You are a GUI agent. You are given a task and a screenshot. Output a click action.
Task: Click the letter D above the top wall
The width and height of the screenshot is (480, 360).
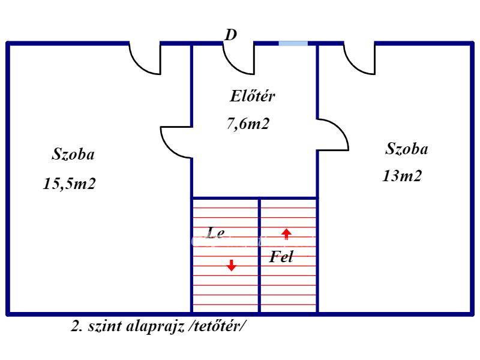(x=231, y=35)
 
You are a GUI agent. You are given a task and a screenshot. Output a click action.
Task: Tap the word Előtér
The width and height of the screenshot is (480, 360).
(x=252, y=96)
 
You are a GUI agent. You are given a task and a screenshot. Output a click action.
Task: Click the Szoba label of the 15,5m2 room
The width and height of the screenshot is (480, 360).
(x=73, y=154)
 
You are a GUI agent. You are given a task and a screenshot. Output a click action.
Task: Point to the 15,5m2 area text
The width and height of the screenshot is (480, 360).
(x=69, y=184)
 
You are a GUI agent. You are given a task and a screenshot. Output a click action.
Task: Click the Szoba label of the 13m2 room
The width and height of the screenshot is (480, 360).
(x=407, y=149)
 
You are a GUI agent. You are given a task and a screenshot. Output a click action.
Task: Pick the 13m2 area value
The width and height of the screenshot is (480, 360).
(x=403, y=176)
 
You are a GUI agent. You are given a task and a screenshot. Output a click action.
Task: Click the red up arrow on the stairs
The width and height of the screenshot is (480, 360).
(x=287, y=233)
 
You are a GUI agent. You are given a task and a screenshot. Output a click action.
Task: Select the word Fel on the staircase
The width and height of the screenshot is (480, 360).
(x=281, y=257)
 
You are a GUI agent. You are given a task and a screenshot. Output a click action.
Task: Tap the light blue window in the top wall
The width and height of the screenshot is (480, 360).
(x=293, y=43)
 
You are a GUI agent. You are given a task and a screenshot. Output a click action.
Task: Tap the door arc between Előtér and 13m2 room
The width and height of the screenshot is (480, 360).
(x=333, y=134)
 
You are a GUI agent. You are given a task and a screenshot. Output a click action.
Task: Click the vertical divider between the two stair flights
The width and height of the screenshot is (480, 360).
(x=259, y=255)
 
